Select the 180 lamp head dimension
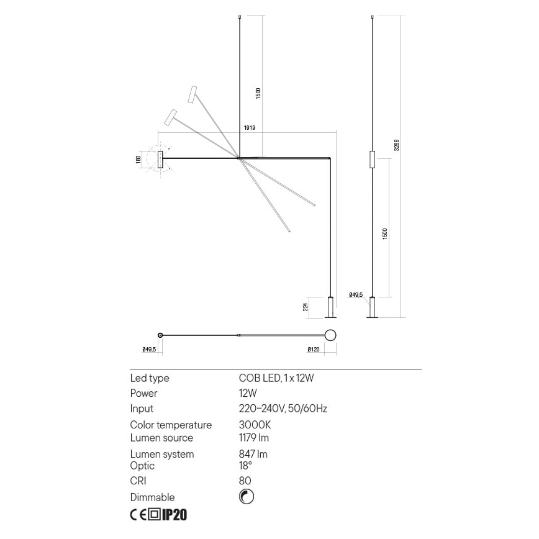point(138,159)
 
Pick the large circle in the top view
point(330,336)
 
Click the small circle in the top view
point(161,335)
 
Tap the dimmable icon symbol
point(247,497)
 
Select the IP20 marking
point(174,515)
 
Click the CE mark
point(138,515)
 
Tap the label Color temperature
point(171,425)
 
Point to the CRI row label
point(138,481)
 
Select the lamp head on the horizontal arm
point(160,159)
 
